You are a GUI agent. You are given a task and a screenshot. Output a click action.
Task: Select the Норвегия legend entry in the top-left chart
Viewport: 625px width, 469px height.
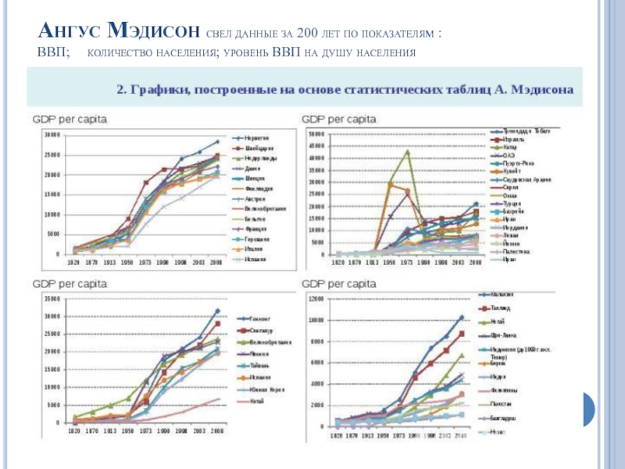click(256, 136)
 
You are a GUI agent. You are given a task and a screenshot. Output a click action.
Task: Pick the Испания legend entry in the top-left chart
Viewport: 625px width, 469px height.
click(255, 259)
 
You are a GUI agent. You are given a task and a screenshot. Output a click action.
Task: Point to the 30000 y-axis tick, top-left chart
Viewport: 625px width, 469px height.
click(51, 135)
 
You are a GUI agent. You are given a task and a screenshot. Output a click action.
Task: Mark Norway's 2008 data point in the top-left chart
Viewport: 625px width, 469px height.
click(217, 141)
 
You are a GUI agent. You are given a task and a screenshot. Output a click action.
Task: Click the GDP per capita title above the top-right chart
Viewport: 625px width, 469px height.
click(339, 120)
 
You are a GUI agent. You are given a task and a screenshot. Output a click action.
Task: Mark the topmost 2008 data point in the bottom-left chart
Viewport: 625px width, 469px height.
click(217, 310)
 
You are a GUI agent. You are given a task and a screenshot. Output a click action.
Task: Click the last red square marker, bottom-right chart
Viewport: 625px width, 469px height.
click(462, 334)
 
